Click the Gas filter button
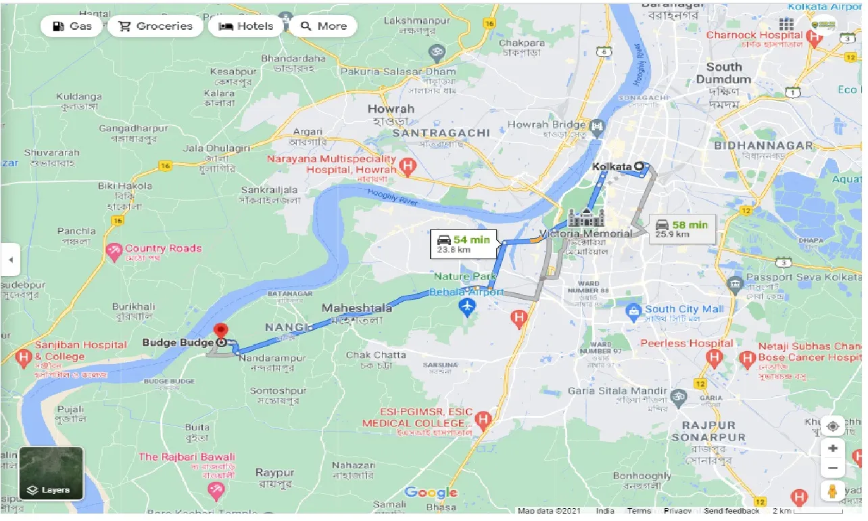point(71,26)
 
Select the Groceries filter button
point(155,26)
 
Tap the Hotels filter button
point(246,26)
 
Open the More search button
point(323,26)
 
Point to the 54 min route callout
point(464,244)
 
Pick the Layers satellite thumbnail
point(51,473)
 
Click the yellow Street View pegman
point(833,491)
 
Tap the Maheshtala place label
point(356,309)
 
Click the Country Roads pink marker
point(114,252)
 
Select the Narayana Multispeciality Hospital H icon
point(407,165)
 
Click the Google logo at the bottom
point(431,493)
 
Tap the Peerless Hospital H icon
point(714,356)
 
